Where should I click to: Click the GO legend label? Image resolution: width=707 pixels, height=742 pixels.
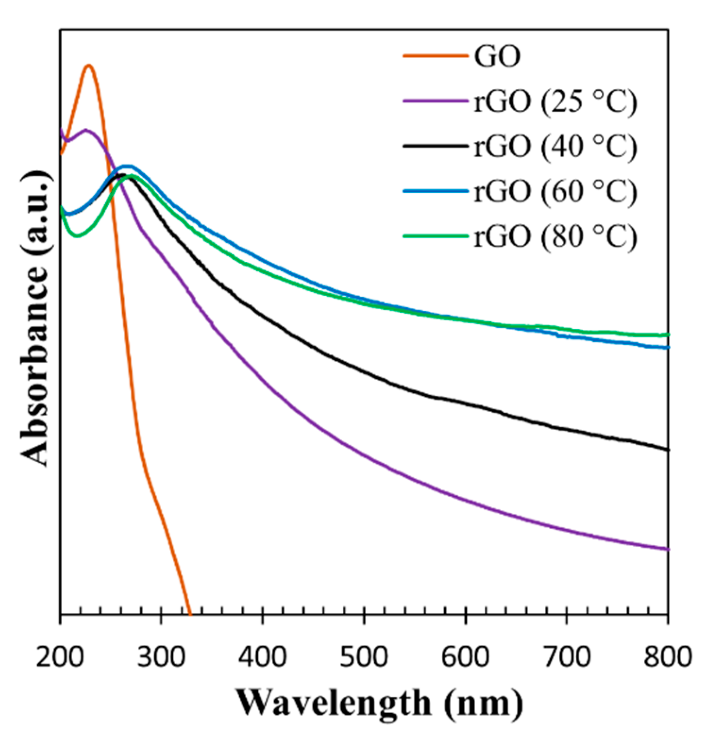coord(497,56)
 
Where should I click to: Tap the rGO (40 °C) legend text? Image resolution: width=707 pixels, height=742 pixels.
coord(555,146)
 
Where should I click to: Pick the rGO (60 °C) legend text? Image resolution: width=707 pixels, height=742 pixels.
coord(555,191)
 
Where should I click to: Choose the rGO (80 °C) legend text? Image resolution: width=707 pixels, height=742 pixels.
coord(555,236)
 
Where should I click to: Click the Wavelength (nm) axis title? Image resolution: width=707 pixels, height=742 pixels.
coord(380,703)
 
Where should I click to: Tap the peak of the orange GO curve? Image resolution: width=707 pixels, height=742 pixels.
coord(89,66)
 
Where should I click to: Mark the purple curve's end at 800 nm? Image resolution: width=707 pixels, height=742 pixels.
coord(667,549)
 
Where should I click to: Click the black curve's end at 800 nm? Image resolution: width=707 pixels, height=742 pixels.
coord(667,449)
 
